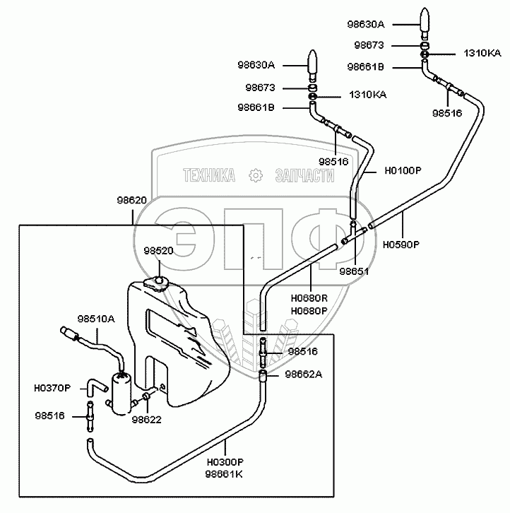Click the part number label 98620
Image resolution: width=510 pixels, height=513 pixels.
click(132, 200)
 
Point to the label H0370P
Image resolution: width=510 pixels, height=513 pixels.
click(52, 387)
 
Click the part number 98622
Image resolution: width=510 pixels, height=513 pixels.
click(146, 420)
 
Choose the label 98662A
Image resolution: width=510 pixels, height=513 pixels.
click(304, 375)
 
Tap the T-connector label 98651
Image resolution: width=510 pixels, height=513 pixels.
click(354, 271)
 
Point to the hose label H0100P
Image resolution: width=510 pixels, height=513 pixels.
click(403, 171)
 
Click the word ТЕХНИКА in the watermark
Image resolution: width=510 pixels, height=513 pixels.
click(209, 176)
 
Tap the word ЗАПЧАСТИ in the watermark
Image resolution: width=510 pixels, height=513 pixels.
click(304, 176)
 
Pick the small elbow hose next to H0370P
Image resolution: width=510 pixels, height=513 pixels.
click(95, 385)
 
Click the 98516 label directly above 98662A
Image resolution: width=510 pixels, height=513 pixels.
click(303, 351)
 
